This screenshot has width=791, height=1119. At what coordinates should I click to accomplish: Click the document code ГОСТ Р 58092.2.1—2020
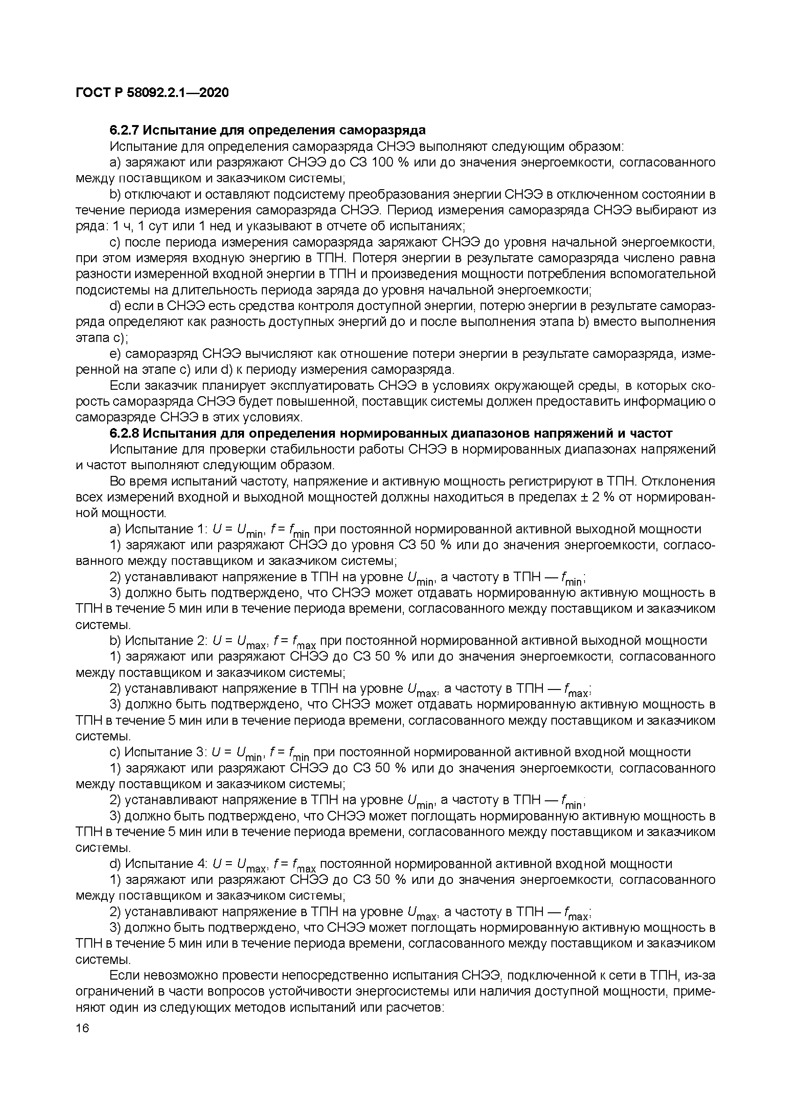(x=152, y=93)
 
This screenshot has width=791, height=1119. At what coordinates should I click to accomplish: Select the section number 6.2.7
(x=124, y=130)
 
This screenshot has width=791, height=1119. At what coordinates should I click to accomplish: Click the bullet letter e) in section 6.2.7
(x=115, y=354)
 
